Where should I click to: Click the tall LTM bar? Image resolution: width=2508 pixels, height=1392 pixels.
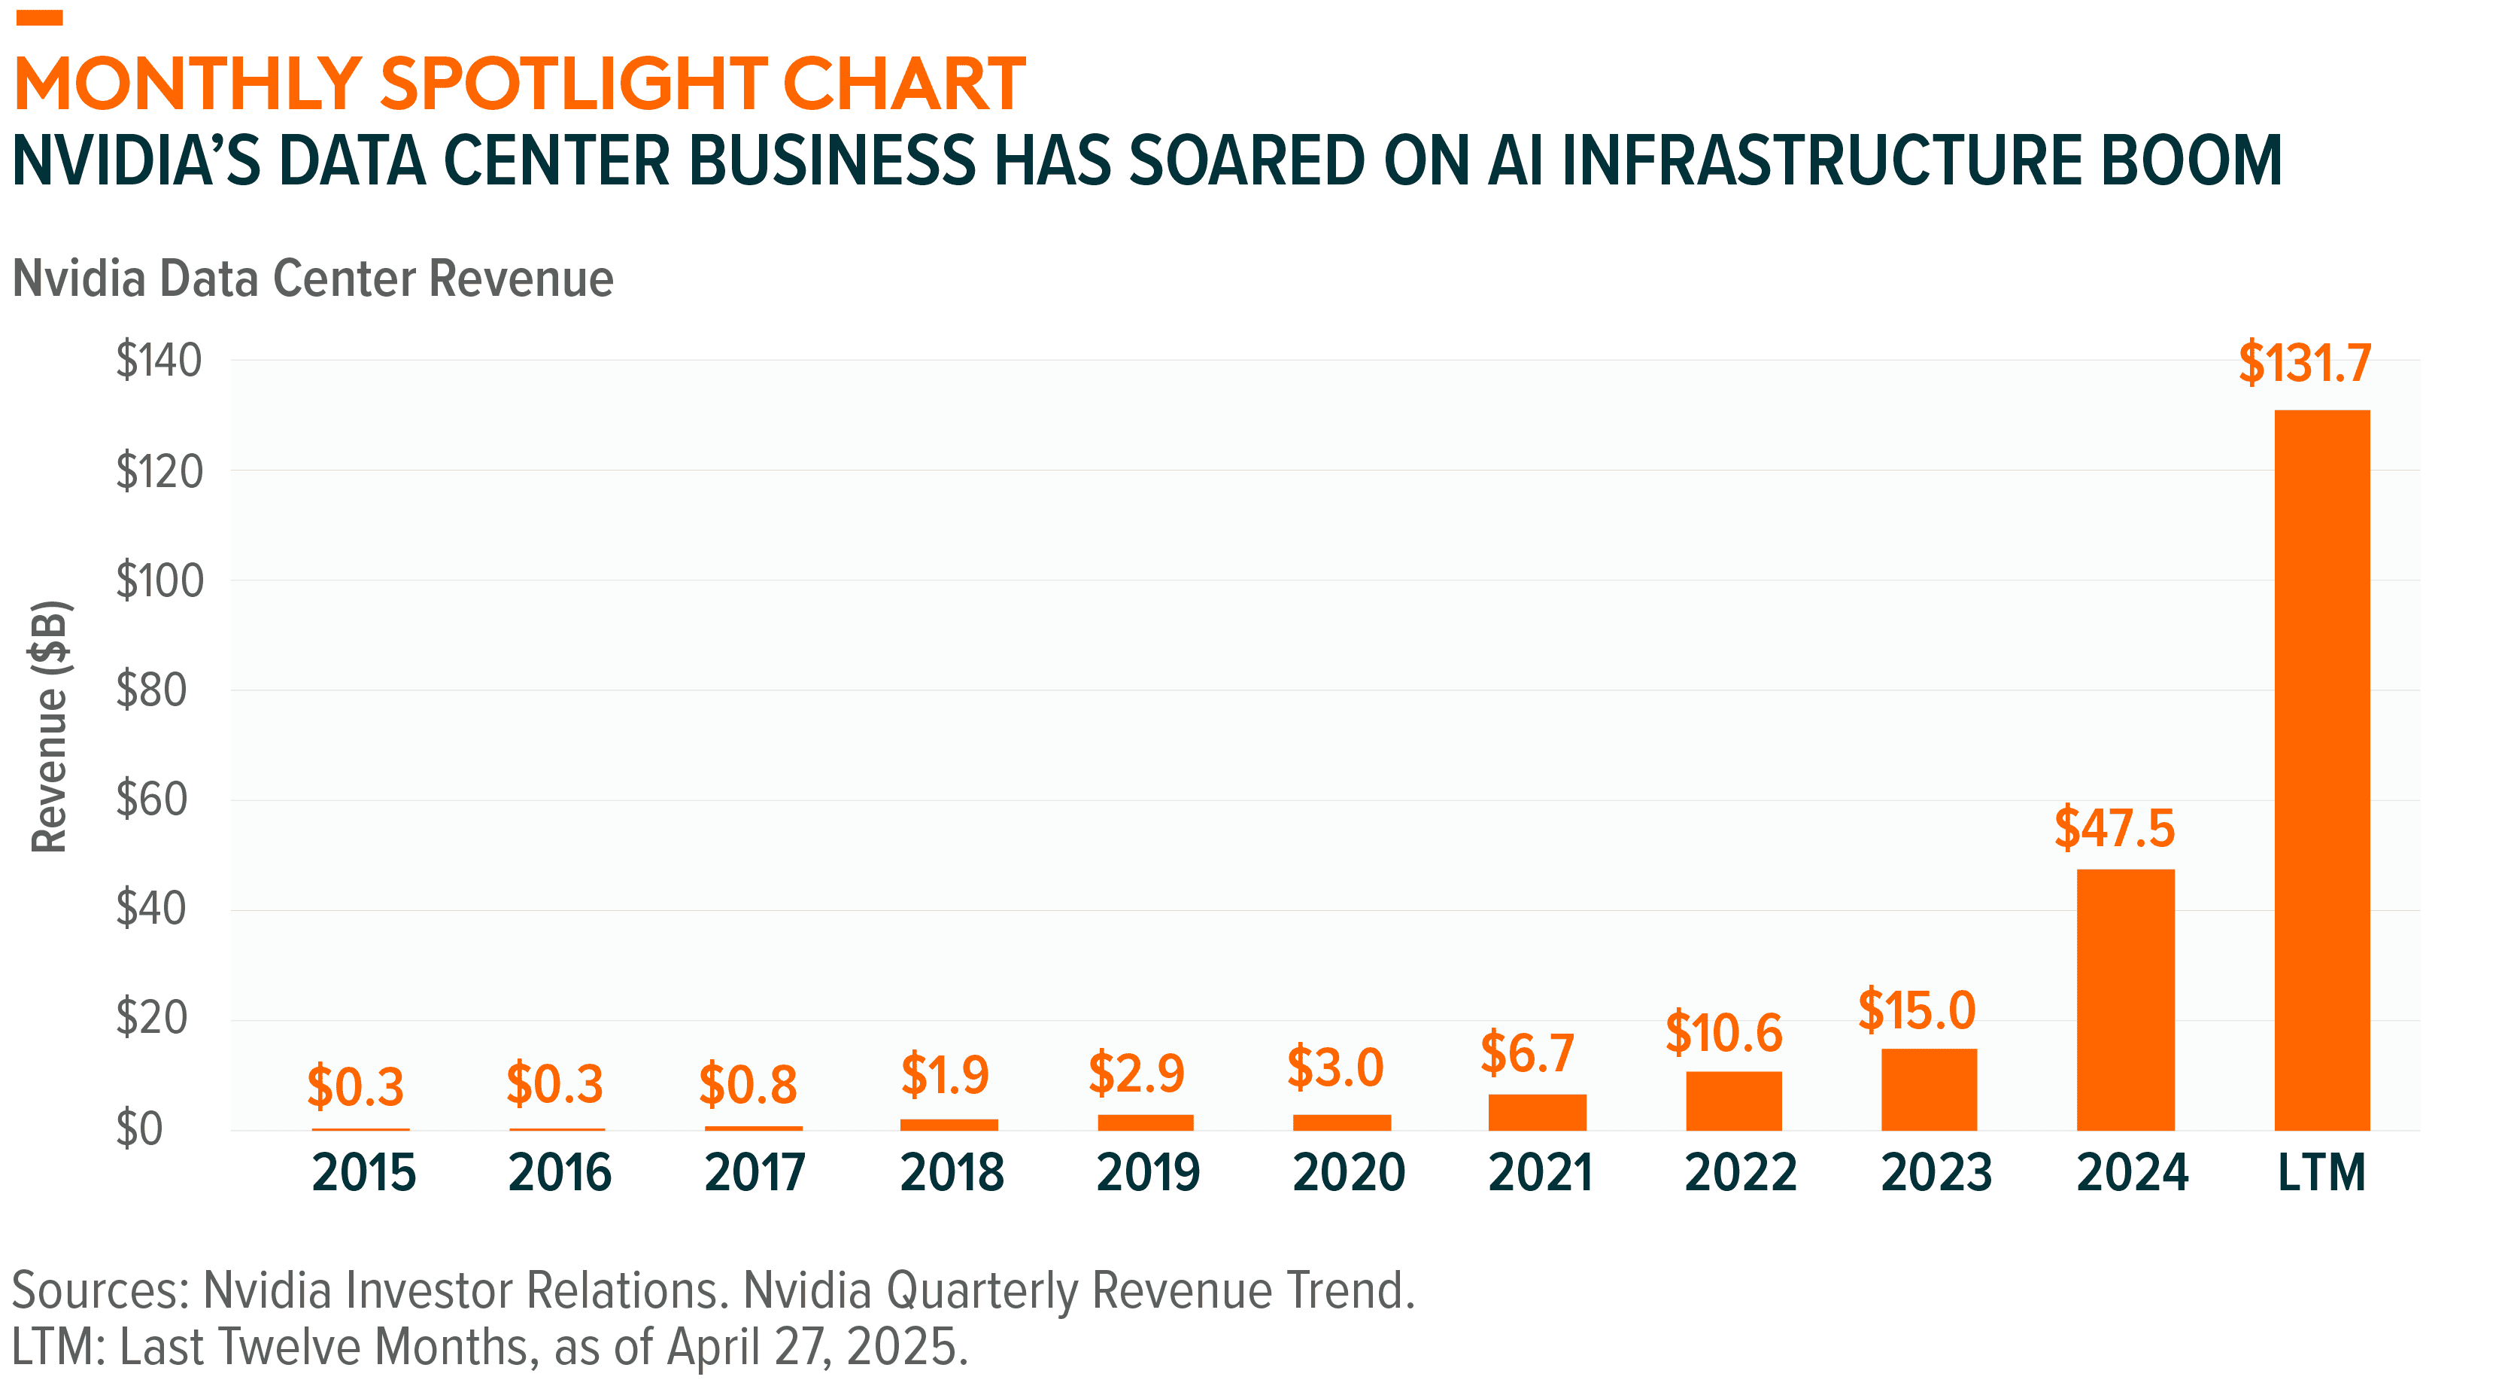(x=2321, y=769)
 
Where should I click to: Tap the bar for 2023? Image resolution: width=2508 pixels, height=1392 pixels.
(x=1928, y=1089)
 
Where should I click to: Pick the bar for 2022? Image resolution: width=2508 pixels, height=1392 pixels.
(x=1733, y=1101)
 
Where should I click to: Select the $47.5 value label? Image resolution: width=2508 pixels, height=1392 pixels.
(x=2114, y=828)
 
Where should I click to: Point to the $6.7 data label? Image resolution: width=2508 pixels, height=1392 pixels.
(x=1526, y=1053)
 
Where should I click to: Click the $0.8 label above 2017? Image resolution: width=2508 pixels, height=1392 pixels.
(x=748, y=1084)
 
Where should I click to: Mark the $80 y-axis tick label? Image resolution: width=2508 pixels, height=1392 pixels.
(x=151, y=690)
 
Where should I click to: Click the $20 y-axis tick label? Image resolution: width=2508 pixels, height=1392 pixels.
(x=151, y=1018)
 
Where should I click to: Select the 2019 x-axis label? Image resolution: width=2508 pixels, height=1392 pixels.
(x=1148, y=1172)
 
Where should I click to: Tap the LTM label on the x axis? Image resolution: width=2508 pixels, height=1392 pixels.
(x=2321, y=1172)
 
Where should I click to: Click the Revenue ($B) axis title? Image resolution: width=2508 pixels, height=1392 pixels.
(x=49, y=726)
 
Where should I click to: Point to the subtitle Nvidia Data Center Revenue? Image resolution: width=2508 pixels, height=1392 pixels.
(x=312, y=279)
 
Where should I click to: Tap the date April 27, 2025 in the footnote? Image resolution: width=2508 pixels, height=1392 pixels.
(x=816, y=1347)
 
